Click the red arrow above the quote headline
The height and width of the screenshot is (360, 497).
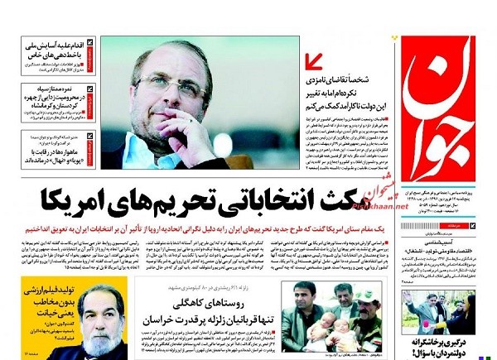(314, 62)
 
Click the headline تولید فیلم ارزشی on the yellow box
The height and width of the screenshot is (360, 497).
(33, 294)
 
